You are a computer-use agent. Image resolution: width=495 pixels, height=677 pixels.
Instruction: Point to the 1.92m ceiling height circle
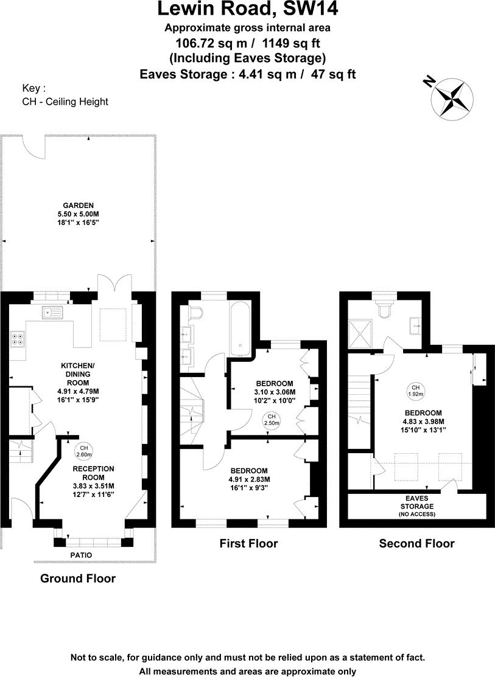[415, 390]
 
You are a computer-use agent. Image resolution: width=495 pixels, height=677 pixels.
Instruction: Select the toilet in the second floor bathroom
[384, 310]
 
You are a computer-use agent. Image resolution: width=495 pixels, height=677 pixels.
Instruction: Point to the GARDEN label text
[77, 206]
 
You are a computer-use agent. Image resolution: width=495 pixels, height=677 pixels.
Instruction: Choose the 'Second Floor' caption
[416, 543]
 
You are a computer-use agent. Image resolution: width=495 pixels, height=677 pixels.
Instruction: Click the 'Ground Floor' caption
[77, 578]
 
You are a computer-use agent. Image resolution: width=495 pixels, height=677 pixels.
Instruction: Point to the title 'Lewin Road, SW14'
[248, 10]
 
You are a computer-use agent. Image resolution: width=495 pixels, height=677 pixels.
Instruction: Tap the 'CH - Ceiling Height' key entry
[65, 102]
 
